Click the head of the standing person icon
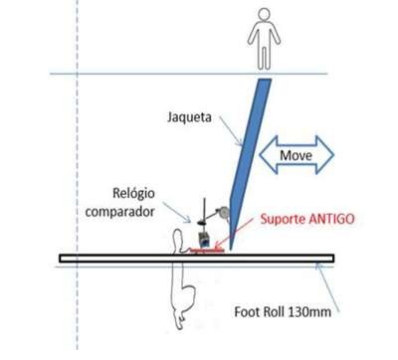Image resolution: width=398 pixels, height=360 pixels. point(264,16)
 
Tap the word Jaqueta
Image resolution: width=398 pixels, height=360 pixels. point(189,117)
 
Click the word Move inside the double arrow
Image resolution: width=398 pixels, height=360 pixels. point(296,155)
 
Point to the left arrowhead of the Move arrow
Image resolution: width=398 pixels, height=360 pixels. point(268,155)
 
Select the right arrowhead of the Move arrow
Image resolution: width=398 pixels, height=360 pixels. point(324,155)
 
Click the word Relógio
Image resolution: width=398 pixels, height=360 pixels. point(133,193)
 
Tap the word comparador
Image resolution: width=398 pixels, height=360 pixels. point(119,212)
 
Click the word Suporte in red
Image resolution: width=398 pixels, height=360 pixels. point(283,219)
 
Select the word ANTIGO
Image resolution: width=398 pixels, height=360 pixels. point(331,219)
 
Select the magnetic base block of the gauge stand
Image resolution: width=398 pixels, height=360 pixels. point(204,240)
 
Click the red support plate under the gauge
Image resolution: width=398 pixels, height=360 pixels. point(207,251)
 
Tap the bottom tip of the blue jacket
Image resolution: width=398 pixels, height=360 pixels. point(231,250)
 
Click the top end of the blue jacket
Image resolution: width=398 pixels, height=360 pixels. point(265,80)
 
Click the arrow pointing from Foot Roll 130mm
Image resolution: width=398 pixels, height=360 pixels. point(327,287)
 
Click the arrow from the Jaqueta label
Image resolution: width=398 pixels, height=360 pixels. point(231,131)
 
